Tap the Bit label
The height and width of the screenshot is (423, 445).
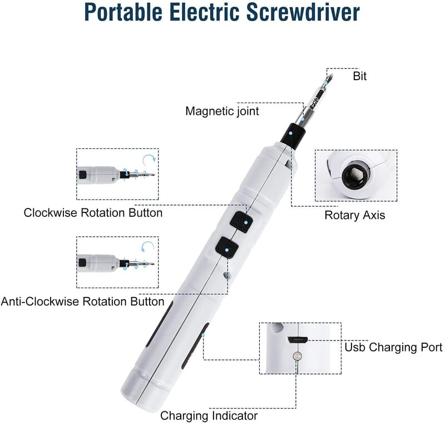(360, 76)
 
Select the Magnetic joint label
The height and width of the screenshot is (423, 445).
(222, 111)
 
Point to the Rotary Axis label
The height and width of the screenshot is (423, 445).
(354, 215)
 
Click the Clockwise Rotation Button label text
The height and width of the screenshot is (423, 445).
(93, 213)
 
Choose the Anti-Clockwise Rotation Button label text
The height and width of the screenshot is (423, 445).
(82, 302)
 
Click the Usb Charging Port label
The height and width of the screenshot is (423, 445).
(393, 347)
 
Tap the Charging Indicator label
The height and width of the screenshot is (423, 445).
(209, 416)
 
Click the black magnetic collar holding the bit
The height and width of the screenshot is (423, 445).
(293, 135)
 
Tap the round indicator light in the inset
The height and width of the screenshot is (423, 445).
(297, 355)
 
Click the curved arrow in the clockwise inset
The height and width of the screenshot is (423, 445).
(148, 162)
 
